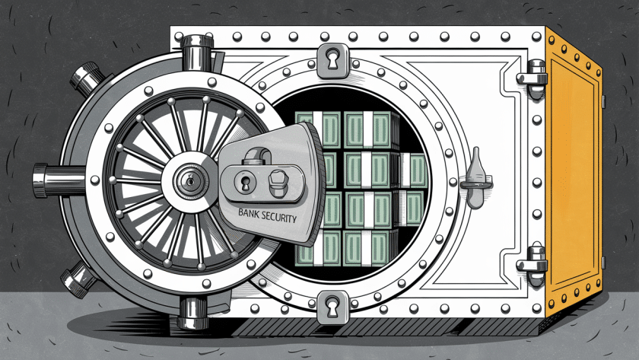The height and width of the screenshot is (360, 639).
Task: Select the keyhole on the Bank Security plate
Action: point(246,182)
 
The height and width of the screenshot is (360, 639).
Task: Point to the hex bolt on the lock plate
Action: point(277,182)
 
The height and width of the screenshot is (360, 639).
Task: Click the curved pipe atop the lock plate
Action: point(257,155)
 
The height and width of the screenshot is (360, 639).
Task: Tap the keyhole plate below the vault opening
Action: point(332,306)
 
